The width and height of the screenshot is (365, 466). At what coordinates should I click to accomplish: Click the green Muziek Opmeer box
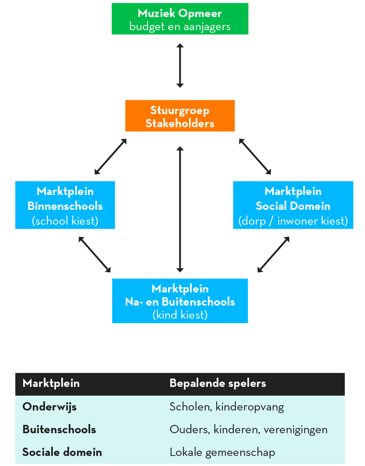click(x=180, y=19)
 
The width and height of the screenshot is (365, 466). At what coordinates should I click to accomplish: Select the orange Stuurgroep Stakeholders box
click(x=180, y=115)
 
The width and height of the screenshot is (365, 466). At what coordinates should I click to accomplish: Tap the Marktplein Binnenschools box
click(x=65, y=205)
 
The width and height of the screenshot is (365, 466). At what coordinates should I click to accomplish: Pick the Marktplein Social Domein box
click(x=293, y=205)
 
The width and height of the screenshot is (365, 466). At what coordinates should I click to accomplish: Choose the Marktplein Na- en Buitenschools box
click(x=180, y=301)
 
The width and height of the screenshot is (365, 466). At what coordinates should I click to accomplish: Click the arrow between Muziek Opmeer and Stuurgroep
click(x=180, y=66)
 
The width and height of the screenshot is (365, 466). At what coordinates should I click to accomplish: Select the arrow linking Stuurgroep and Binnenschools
click(x=110, y=156)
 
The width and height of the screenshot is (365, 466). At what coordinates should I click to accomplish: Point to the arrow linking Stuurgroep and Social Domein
click(x=255, y=156)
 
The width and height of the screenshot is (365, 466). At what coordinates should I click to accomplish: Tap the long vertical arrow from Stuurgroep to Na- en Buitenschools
click(x=180, y=209)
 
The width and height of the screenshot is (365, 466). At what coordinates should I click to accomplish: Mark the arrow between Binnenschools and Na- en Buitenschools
click(x=95, y=254)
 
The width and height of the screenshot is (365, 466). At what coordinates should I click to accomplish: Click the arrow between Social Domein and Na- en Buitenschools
click(x=274, y=254)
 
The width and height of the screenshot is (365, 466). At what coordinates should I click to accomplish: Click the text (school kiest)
click(x=65, y=221)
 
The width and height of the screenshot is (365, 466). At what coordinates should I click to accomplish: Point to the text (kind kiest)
click(x=180, y=315)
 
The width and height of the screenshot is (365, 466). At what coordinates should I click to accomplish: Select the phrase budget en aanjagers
click(x=180, y=27)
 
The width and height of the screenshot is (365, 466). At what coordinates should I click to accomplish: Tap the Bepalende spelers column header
click(x=218, y=383)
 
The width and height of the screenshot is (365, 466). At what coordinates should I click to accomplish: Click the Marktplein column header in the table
click(x=51, y=383)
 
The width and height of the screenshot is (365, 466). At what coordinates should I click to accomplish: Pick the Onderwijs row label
click(x=49, y=407)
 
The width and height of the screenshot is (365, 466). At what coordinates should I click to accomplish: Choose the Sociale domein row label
click(x=62, y=452)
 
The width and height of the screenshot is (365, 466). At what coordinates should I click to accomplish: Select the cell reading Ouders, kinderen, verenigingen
click(x=249, y=430)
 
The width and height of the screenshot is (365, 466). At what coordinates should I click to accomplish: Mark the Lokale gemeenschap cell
click(x=222, y=452)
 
